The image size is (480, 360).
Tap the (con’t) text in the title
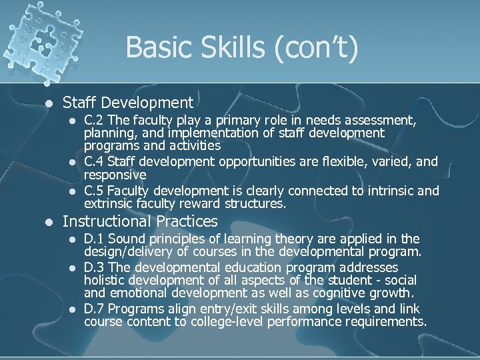pos(311,48)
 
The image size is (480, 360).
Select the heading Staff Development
pos(128,103)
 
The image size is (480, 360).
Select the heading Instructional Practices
pos(140,221)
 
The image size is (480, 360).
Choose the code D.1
pos(94,239)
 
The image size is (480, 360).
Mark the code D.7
pos(94,309)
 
